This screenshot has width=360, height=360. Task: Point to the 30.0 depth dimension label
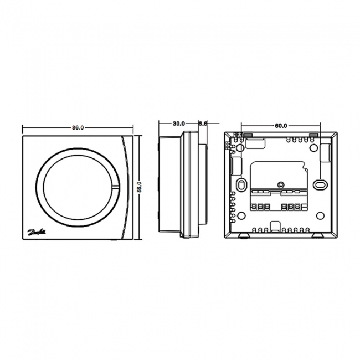178,124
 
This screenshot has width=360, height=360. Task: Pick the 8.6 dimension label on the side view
202,124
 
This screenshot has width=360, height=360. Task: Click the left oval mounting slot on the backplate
241,184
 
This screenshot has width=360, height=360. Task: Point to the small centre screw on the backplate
281,184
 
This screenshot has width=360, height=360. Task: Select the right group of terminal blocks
294,207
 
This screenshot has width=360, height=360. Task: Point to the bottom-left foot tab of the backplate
244,235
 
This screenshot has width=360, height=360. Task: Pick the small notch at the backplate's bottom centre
275,226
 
